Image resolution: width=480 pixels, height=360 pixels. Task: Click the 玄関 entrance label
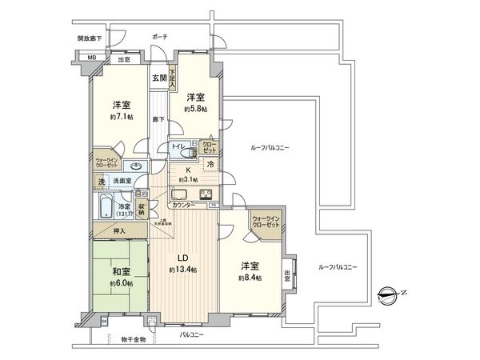[158, 78]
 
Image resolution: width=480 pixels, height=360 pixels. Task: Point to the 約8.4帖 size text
[250, 277]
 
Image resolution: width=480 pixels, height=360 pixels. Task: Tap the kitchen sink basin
[179, 194]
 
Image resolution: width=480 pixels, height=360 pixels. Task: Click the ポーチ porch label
[160, 37]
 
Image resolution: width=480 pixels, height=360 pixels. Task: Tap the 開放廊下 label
[90, 38]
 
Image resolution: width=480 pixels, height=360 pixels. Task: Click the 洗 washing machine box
[100, 182]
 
